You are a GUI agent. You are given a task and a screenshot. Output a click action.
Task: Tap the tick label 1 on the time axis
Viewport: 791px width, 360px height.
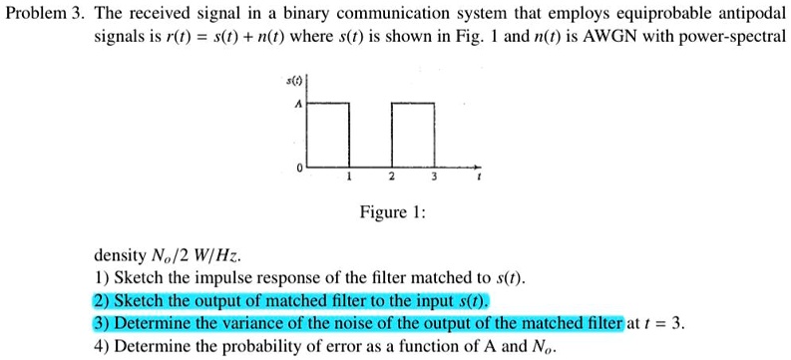pyautogui.click(x=347, y=178)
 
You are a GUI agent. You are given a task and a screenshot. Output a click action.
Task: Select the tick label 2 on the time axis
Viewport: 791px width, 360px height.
pyautogui.click(x=392, y=178)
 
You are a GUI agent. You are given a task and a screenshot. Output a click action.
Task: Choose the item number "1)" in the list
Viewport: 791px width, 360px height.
pyautogui.click(x=100, y=278)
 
